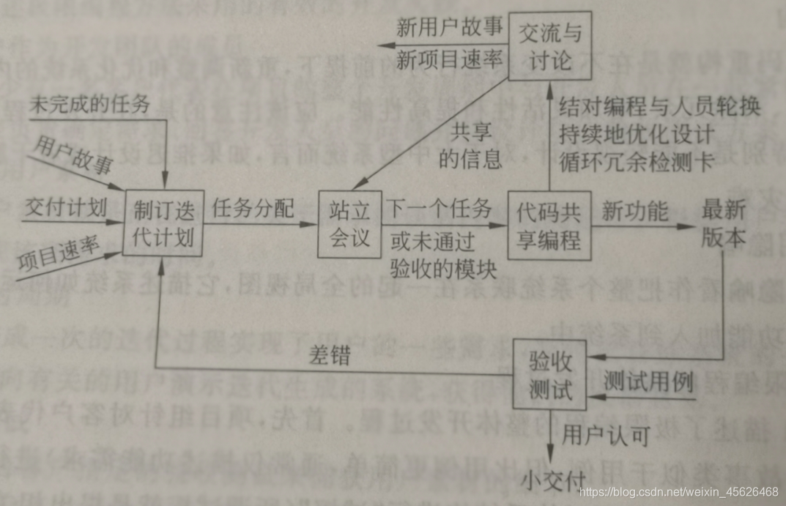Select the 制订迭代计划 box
point(162,223)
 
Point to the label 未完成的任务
point(89,104)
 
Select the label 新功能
point(634,211)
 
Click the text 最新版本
point(724,223)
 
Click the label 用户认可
point(605,436)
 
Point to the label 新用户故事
point(450,29)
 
